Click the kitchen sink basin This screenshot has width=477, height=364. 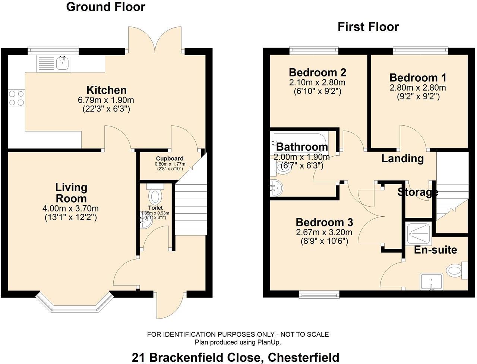tap(62, 63)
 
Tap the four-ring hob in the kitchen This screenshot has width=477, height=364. tap(16, 98)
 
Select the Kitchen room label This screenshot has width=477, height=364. tap(107, 90)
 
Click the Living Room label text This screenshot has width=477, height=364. tap(71, 193)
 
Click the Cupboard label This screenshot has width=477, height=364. tap(170, 159)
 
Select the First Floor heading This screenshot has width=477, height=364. tap(368, 27)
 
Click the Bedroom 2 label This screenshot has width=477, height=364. tap(318, 72)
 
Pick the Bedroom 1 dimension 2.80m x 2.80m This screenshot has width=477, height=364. tap(418, 88)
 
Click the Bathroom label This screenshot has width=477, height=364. tap(302, 147)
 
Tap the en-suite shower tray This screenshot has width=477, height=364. tap(418, 233)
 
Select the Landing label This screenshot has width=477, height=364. tap(403, 159)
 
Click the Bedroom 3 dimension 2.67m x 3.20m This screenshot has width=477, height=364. tap(324, 232)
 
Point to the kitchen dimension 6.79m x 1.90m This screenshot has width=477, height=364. tap(106, 100)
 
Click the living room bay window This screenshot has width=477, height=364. tap(75, 303)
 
